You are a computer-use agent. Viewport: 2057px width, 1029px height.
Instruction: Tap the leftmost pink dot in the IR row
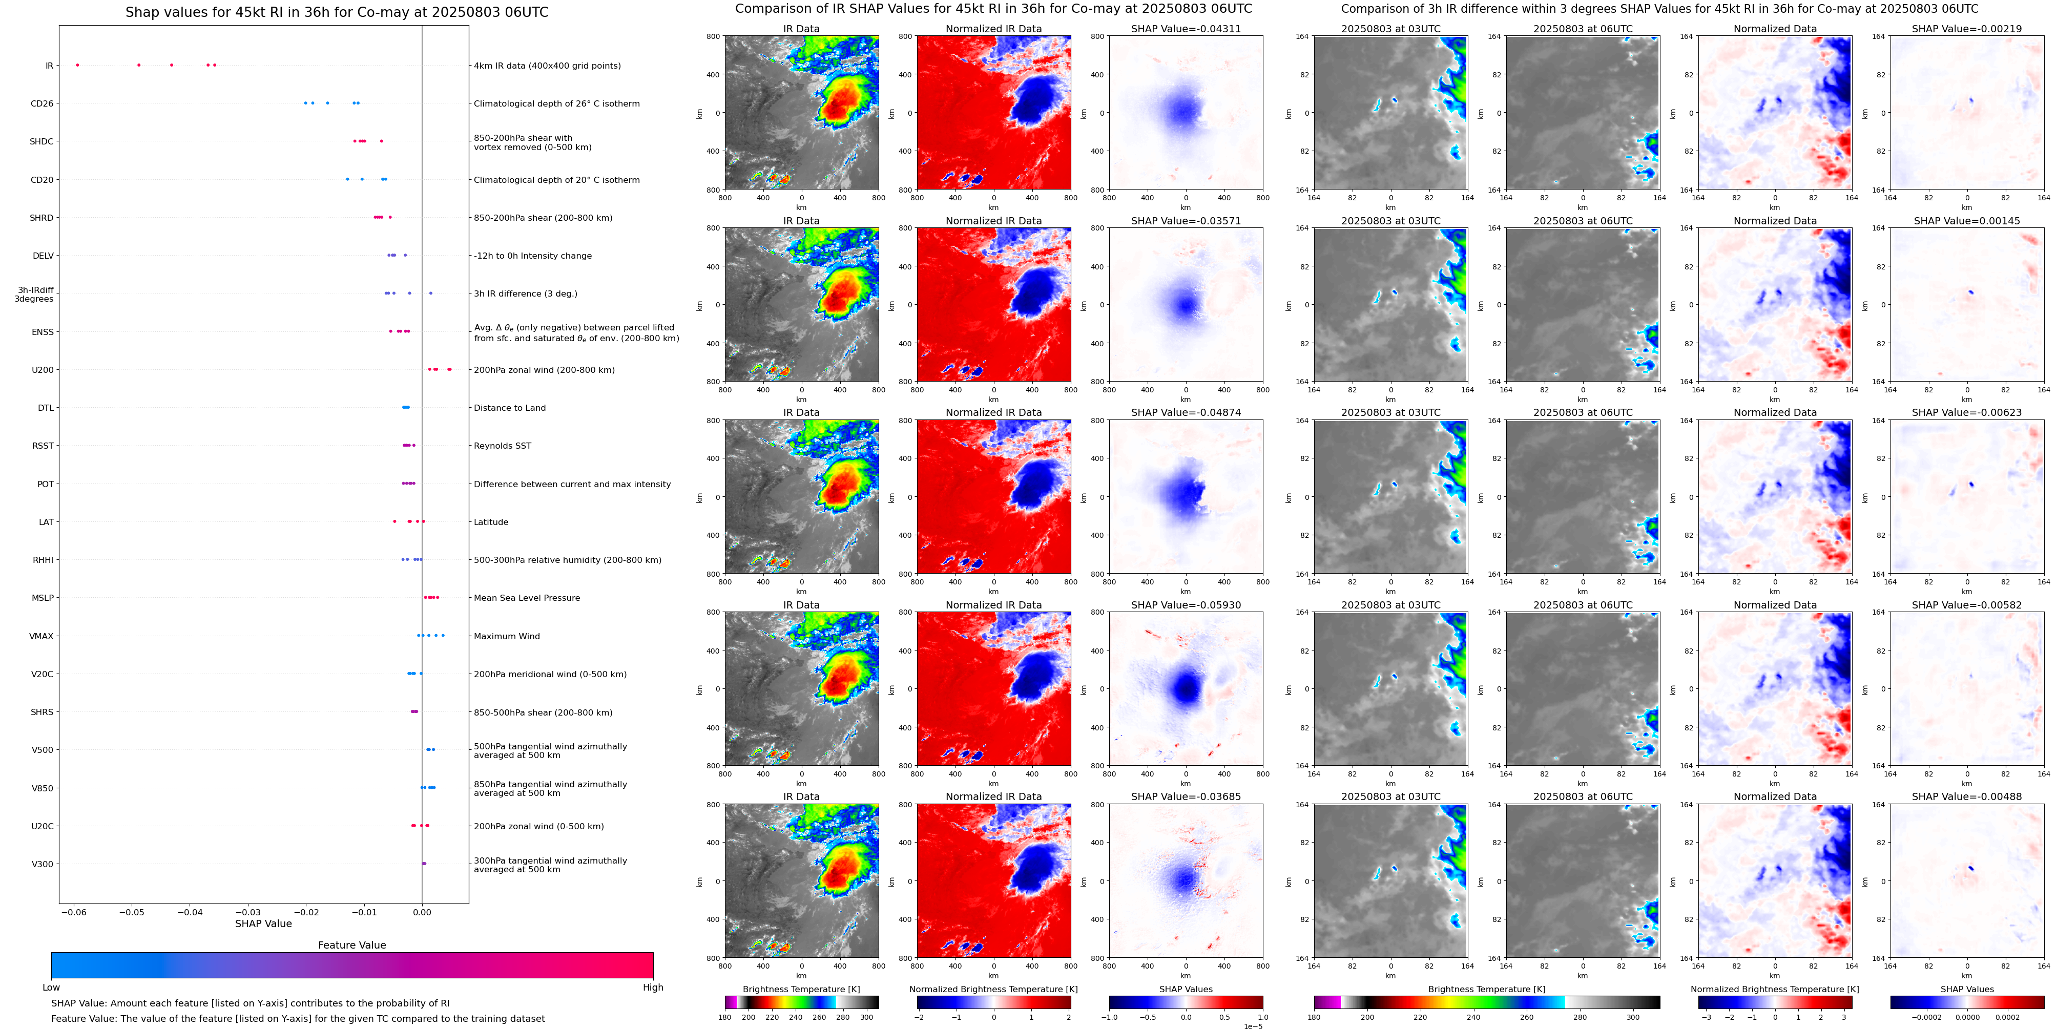click(x=77, y=65)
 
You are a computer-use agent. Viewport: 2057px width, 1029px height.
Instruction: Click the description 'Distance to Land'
click(x=509, y=408)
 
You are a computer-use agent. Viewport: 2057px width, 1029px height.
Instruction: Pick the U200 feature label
click(x=43, y=370)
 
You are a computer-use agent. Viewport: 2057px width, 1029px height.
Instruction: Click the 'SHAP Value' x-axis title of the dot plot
click(x=263, y=923)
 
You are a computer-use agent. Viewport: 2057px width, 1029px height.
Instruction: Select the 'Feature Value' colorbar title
click(x=351, y=945)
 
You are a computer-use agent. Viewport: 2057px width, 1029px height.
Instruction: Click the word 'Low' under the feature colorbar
click(x=51, y=988)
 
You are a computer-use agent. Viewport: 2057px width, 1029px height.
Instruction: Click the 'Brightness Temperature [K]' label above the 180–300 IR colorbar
click(x=801, y=989)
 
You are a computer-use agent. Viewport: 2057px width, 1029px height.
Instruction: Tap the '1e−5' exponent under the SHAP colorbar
click(x=1252, y=1026)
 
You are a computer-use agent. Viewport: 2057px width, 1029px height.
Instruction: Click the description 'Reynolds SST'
click(x=502, y=446)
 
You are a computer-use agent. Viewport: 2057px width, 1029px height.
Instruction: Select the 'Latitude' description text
click(x=491, y=522)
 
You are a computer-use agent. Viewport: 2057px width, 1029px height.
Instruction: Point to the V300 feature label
click(x=43, y=864)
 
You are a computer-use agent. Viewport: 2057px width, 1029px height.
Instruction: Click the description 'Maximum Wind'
click(x=506, y=636)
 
